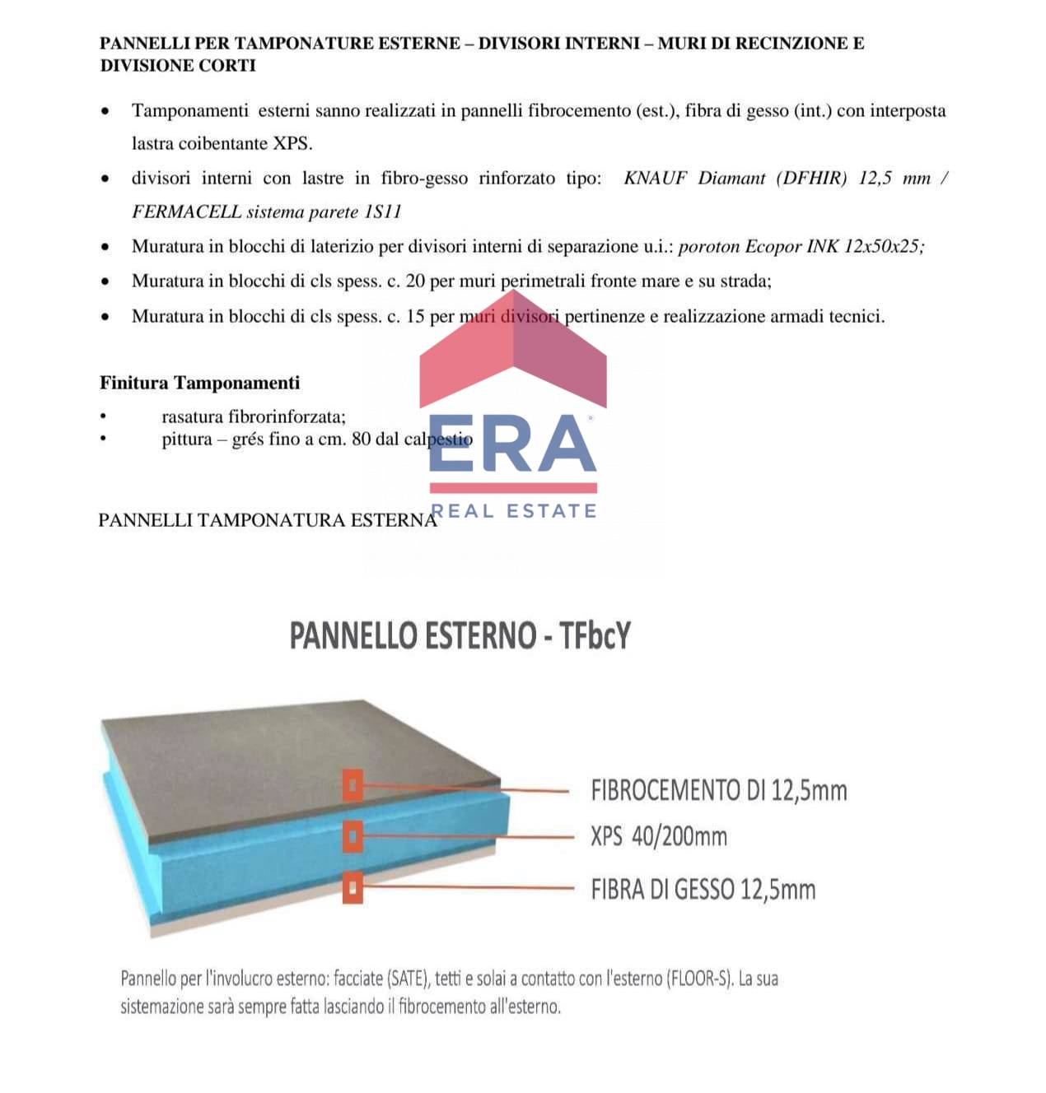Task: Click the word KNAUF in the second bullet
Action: (x=655, y=179)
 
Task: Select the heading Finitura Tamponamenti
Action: (x=199, y=383)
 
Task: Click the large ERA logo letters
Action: (x=512, y=444)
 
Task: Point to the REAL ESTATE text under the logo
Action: (x=514, y=511)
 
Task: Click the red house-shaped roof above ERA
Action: (x=513, y=362)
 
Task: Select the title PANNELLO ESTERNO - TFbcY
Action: (x=460, y=636)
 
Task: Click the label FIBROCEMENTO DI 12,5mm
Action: (x=718, y=791)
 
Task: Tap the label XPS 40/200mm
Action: (x=658, y=837)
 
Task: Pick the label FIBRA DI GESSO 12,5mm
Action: (x=703, y=890)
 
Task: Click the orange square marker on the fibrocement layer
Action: (x=353, y=786)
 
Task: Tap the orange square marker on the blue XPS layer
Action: (x=353, y=837)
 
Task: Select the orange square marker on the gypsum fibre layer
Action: (x=353, y=887)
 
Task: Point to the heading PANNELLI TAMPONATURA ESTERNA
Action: (x=268, y=520)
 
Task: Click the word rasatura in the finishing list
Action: (x=193, y=417)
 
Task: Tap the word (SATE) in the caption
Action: (x=409, y=979)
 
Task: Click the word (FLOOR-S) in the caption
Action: (x=700, y=979)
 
